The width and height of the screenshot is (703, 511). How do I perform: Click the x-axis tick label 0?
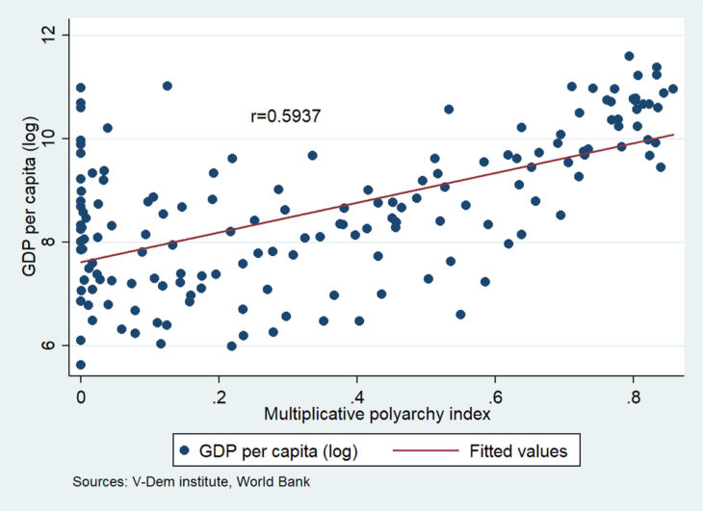[x=81, y=396]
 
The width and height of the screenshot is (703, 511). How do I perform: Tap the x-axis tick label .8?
[x=632, y=396]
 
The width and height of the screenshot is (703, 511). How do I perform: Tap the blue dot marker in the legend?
[x=184, y=450]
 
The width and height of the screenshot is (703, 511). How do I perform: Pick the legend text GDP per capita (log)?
[x=273, y=450]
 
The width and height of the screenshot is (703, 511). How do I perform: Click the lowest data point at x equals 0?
[x=80, y=365]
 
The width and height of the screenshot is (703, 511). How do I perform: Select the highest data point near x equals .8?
[x=629, y=56]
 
